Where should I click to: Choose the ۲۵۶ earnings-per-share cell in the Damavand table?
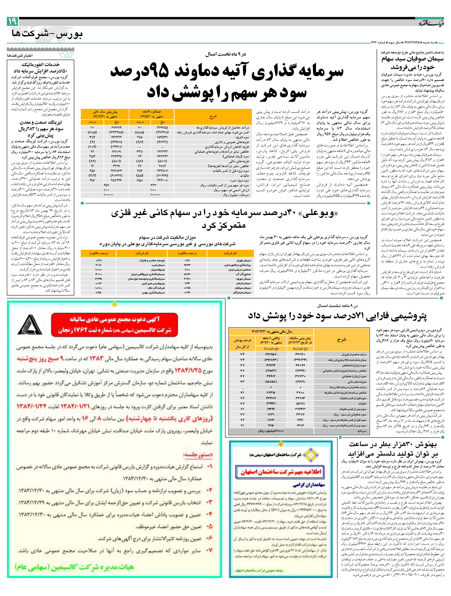pos(106,185)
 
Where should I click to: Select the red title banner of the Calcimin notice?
pos(114,325)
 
